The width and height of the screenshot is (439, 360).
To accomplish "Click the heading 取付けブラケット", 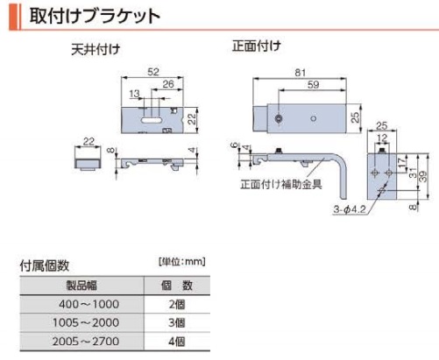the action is coord(95,16).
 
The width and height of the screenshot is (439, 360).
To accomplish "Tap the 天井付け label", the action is coord(96,50).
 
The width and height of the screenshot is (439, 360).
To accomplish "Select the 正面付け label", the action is coord(257,46).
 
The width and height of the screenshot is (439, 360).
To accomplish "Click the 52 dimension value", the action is coord(153,72).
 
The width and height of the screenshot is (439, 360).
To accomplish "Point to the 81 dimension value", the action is coord(300,73).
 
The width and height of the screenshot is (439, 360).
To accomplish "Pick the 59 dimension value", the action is coord(313,85).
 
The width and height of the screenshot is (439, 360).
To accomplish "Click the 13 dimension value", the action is coord(134,94).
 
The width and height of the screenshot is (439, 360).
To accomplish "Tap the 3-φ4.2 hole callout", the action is coord(350,209).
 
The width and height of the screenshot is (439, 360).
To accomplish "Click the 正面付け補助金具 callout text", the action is coord(281,184).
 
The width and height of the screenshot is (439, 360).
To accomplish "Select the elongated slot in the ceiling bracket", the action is coord(151,120).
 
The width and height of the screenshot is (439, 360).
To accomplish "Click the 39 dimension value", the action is coord(422,176).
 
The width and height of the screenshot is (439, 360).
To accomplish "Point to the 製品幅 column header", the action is coord(81,286).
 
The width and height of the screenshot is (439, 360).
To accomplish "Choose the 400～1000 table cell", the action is coord(89,304).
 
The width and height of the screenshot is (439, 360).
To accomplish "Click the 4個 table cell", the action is coord(177,342).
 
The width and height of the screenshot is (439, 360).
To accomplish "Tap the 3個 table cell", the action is coord(177,322).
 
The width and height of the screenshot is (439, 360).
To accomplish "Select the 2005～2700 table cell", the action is coord(86,342).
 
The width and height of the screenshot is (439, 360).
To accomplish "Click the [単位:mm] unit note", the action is coord(182,261).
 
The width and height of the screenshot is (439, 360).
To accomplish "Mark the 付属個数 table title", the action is coord(45,265).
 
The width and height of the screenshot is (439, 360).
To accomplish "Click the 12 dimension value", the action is coord(382,138).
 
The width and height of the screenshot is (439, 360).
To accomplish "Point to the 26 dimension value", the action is coord(168,84).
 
